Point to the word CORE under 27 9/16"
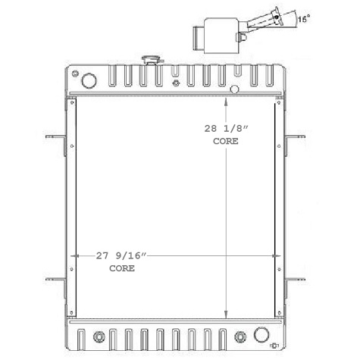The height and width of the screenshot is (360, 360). tap(122, 269)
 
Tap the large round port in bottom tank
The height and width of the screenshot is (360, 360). tap(263, 333)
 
